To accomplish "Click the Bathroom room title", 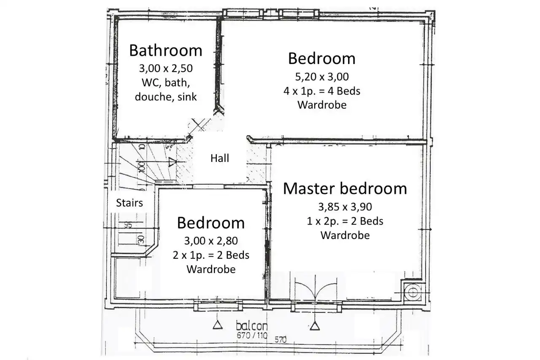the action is pos(166,51).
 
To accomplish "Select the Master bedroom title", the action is pos(345,188).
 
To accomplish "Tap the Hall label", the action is pos(220,159).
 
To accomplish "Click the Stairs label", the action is pos(130,203).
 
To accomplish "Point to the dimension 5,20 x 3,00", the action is pos(322,77).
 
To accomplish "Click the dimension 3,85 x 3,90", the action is pos(345,207).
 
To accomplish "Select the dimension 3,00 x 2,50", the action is pos(166,68).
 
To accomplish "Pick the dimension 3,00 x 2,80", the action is pos(211,241).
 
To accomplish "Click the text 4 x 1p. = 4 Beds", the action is pos(322,91).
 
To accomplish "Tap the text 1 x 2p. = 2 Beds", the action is pos(345,221).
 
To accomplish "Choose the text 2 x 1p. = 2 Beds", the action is pos(211,255).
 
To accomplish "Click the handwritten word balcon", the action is pos(252,326).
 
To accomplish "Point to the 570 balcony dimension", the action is pos(281,340).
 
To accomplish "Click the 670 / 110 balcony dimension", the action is pos(252,335).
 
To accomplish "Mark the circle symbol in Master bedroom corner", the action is pos(413,293).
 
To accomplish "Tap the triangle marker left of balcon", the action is pos(218,325).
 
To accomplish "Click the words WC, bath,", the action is pos(166,83).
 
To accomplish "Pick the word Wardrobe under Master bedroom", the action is pos(345,235).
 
